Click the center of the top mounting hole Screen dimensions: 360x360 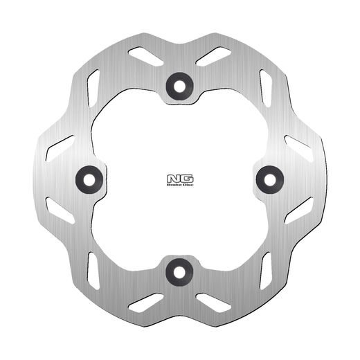179,83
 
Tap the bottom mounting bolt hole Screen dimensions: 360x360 179,271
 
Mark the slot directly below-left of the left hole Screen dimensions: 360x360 60,210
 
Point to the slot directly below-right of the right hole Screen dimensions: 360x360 298,210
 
